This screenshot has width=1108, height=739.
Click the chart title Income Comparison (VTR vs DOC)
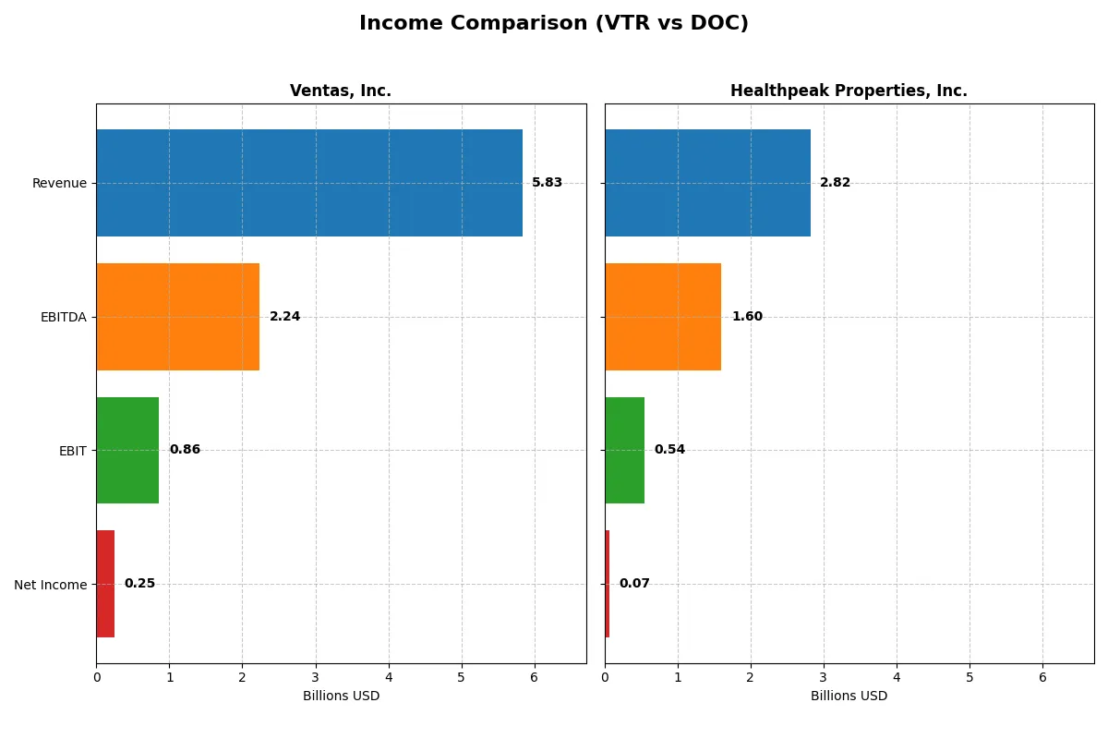[553, 23]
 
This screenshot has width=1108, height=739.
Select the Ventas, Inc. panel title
[341, 91]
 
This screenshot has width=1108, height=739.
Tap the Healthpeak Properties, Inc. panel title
[849, 91]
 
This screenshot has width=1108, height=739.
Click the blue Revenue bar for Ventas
[309, 183]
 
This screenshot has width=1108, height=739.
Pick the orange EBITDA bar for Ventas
[177, 317]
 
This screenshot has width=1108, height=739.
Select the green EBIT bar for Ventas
[127, 450]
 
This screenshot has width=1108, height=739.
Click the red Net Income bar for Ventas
[105, 584]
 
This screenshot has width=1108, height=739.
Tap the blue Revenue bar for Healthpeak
[707, 183]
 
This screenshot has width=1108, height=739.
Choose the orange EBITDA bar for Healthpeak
[663, 317]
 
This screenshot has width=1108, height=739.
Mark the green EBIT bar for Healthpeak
[624, 450]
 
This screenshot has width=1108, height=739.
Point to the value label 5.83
[547, 183]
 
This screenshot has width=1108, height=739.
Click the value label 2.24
[284, 317]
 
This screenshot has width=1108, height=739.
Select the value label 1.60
[747, 317]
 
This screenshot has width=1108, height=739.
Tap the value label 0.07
[634, 584]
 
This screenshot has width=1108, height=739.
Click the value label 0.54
[669, 450]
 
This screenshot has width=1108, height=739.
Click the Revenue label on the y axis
[59, 183]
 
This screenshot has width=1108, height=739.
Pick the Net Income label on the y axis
[50, 585]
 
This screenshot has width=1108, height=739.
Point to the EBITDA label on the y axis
[63, 317]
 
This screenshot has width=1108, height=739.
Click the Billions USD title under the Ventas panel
[341, 696]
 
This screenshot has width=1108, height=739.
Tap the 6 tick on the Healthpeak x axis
[1042, 677]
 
